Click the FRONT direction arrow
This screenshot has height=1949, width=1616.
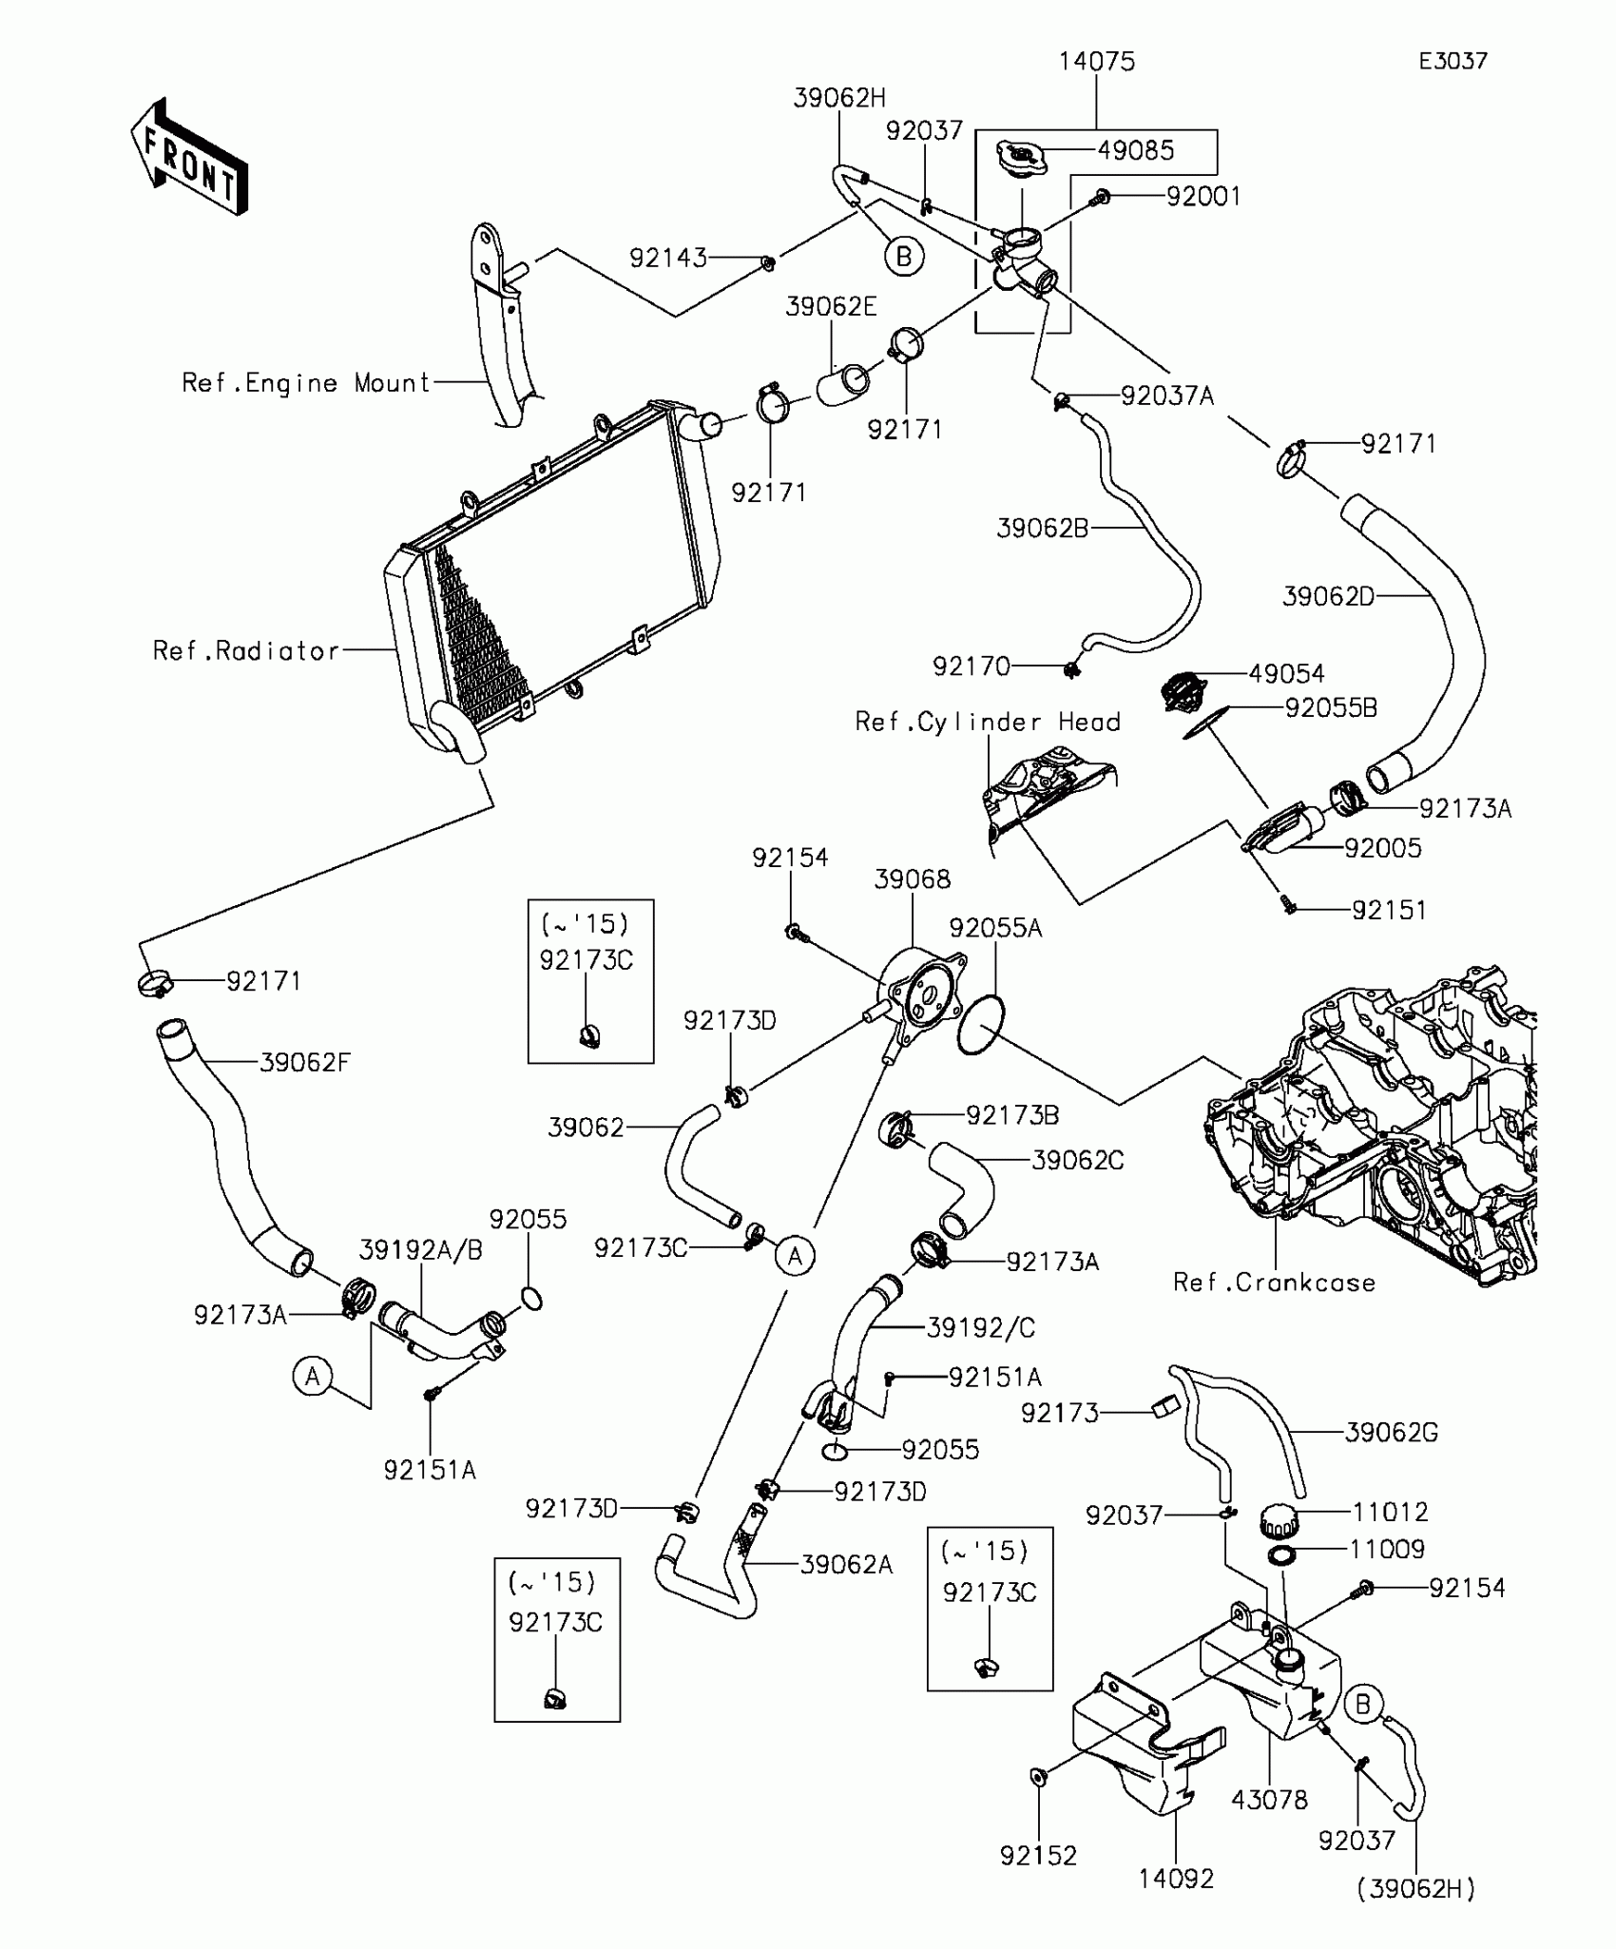click(188, 156)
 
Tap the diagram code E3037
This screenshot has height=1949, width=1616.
click(1452, 62)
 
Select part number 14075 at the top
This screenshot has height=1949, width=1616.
click(1097, 62)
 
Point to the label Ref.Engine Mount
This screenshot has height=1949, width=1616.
click(307, 383)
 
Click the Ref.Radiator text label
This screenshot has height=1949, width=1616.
click(246, 651)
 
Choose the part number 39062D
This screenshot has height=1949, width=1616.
click(1328, 597)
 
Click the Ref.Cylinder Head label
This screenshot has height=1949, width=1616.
click(988, 723)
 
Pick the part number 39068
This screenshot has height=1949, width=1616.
click(912, 879)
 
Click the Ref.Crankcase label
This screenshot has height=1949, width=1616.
click(1274, 1283)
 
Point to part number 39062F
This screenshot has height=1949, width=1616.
click(305, 1062)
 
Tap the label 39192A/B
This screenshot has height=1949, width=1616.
click(421, 1250)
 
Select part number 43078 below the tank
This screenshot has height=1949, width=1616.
click(1269, 1800)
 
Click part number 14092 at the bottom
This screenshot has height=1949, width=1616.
click(1176, 1879)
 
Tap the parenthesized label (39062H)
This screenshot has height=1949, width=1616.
click(1415, 1888)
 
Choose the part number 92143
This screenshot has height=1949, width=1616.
click(668, 258)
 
